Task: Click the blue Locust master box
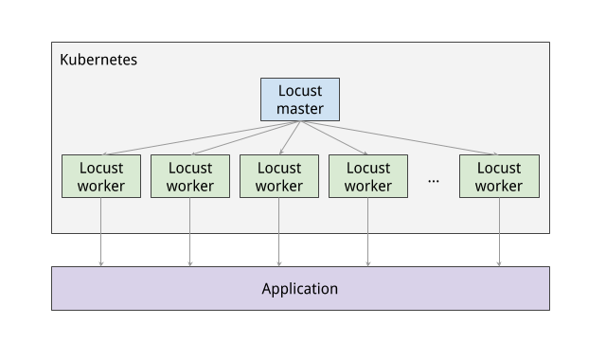coord(299,99)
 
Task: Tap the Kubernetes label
coord(98,60)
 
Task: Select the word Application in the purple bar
coord(299,288)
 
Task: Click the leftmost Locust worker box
coord(100,176)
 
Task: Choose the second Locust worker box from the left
coord(189,176)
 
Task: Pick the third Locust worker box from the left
coord(278,176)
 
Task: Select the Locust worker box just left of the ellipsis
coord(367,176)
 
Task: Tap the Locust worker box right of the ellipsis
coord(499,176)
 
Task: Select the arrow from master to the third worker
coord(288,137)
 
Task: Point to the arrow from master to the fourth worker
coord(336,137)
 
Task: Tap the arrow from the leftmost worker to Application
coord(100,232)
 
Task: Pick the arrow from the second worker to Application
coord(189,232)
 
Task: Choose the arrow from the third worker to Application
coord(278,232)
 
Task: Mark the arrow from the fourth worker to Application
coord(367,232)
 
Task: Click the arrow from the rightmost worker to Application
coord(499,232)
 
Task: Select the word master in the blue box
coord(299,109)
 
